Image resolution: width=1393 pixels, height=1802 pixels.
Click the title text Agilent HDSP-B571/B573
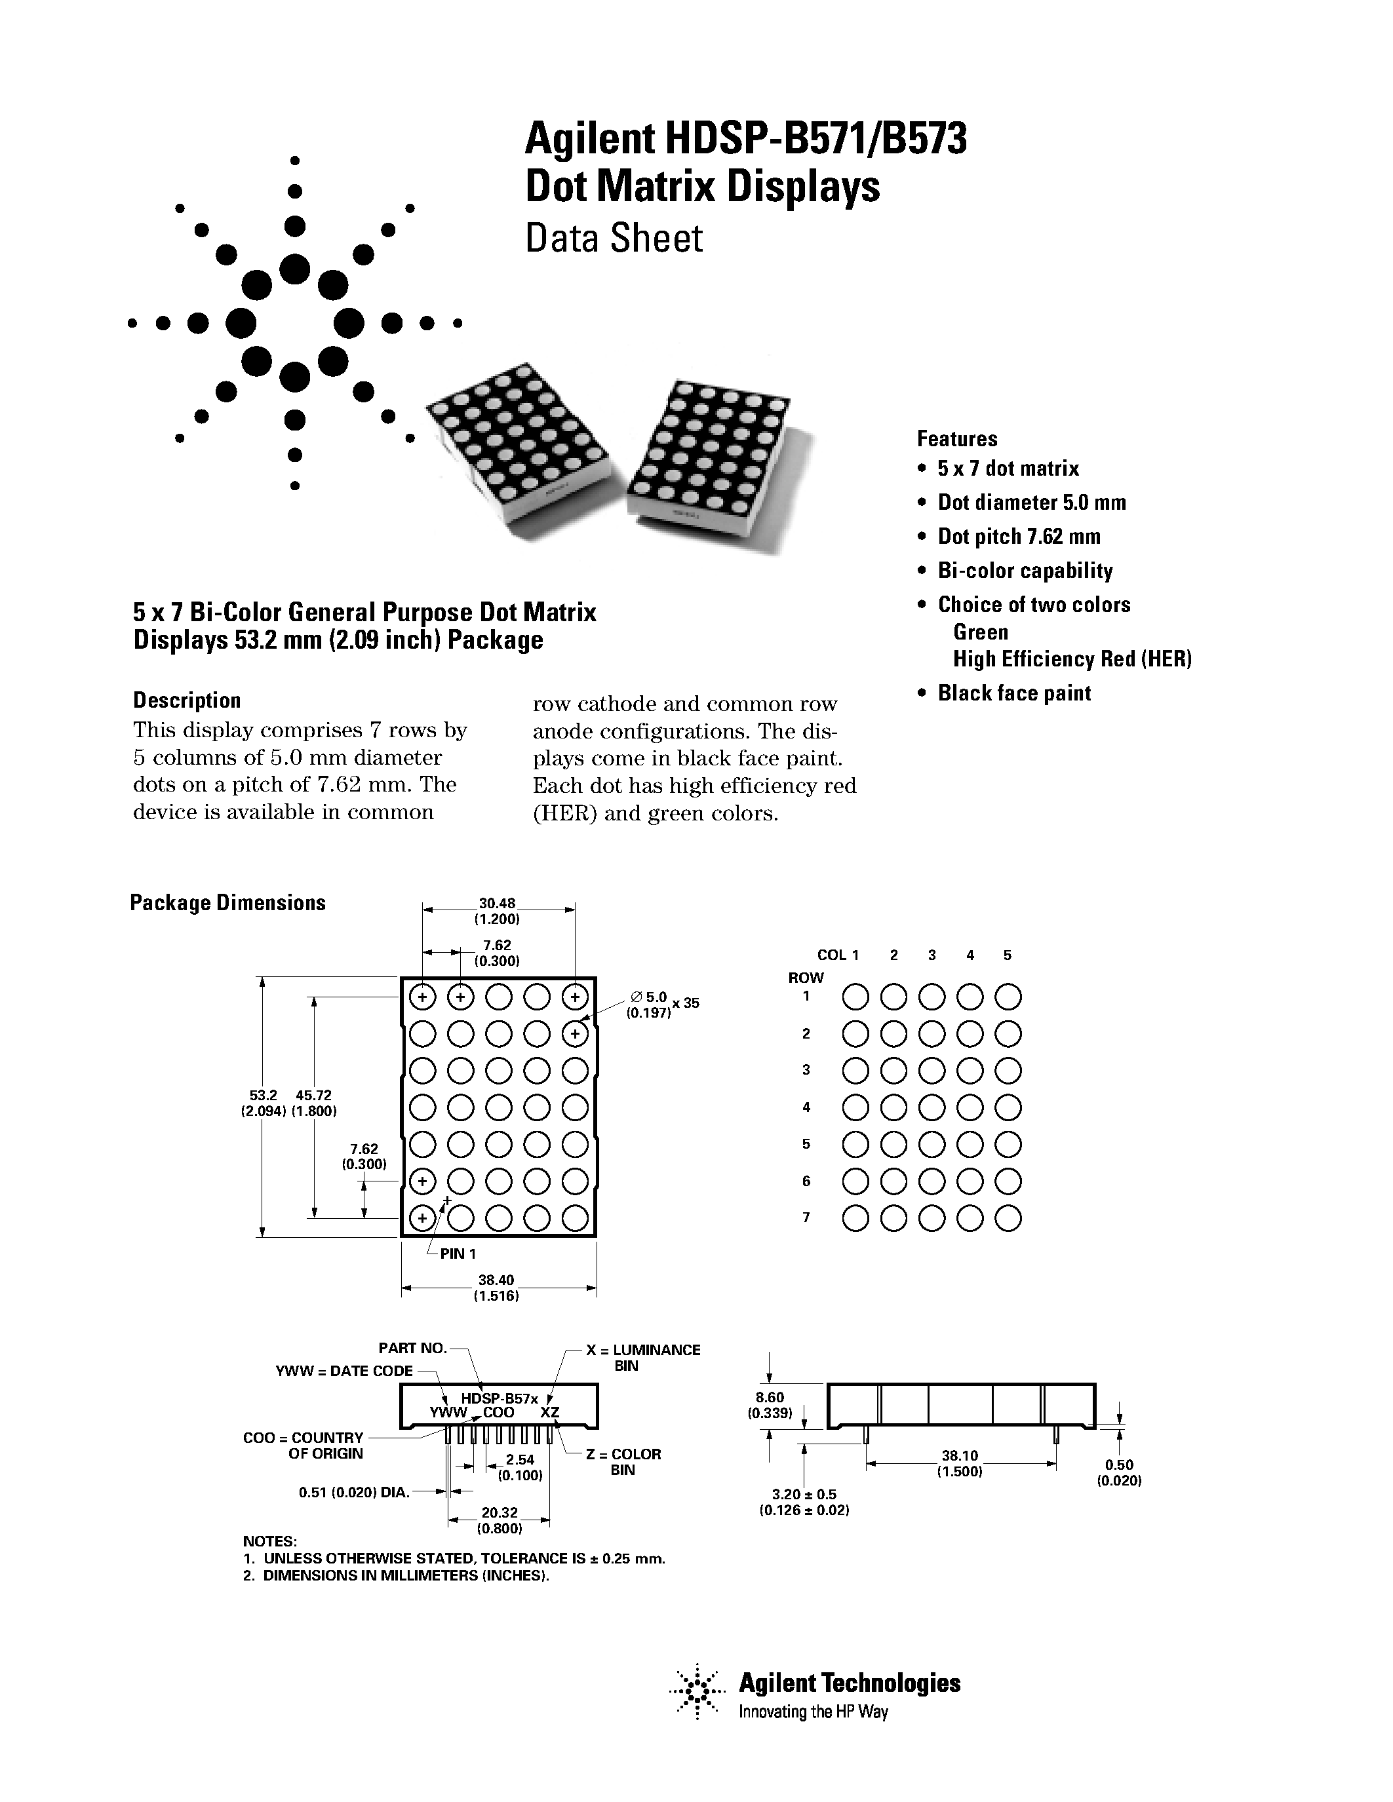pyautogui.click(x=745, y=139)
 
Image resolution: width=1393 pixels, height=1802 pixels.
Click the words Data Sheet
pyautogui.click(x=614, y=239)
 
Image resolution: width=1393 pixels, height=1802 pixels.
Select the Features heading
pyautogui.click(x=956, y=438)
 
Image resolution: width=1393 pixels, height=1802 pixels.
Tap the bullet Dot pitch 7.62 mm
pyautogui.click(x=1018, y=536)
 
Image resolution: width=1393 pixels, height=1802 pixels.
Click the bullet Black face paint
pyautogui.click(x=1013, y=693)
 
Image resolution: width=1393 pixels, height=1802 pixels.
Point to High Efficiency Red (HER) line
pyautogui.click(x=1072, y=659)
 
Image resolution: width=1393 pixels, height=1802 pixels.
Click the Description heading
pyautogui.click(x=187, y=700)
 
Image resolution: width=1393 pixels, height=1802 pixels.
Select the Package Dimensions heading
pyautogui.click(x=227, y=903)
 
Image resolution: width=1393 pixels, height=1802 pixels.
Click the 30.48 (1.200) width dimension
pyautogui.click(x=497, y=911)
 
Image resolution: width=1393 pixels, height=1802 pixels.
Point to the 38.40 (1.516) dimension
pyautogui.click(x=496, y=1287)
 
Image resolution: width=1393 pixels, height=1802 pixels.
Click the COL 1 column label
pyautogui.click(x=838, y=955)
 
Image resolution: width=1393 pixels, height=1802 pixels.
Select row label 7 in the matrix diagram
pyautogui.click(x=806, y=1217)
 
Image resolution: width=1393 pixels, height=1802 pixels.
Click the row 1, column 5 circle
pyautogui.click(x=1008, y=997)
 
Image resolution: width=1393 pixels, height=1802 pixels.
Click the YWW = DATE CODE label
pyautogui.click(x=344, y=1370)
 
